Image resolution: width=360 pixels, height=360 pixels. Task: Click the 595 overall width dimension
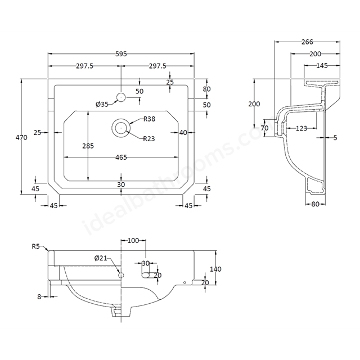(121, 54)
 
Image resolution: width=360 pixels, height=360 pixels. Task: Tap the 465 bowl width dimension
(121, 157)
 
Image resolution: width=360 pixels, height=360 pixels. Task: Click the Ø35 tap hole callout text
(102, 104)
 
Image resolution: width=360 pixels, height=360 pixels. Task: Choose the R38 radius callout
(149, 119)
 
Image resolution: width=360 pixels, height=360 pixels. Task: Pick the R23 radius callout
(149, 138)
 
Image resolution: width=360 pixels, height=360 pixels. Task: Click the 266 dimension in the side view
(307, 42)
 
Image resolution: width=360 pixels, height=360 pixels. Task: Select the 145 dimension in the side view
(322, 66)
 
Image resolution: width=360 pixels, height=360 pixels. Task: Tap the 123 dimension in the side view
(301, 129)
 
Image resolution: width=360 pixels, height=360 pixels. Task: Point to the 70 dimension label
(265, 128)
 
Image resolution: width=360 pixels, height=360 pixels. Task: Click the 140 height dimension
(215, 269)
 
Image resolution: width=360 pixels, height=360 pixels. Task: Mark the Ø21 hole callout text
(101, 258)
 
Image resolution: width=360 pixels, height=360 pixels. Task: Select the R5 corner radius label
(36, 246)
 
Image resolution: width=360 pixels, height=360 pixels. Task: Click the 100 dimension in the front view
(133, 241)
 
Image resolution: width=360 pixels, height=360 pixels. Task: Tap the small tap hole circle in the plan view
(120, 97)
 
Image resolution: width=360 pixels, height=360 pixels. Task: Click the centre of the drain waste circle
(120, 128)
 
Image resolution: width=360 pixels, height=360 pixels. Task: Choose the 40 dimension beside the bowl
(183, 133)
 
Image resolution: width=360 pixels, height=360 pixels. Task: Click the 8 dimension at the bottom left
(39, 296)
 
